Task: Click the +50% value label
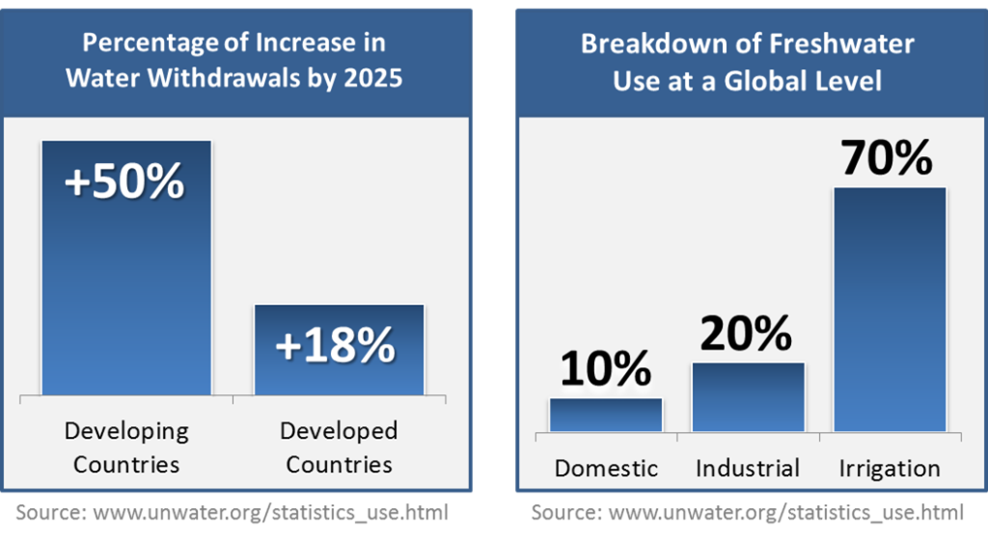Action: click(x=124, y=180)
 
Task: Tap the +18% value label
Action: click(x=336, y=344)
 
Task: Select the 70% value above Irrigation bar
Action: click(x=887, y=157)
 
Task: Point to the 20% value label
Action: click(x=746, y=334)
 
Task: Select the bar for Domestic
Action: click(x=606, y=415)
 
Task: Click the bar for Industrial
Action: click(x=748, y=396)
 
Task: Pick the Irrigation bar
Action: click(x=890, y=309)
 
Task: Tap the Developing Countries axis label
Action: click(x=126, y=446)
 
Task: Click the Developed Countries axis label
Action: click(x=340, y=446)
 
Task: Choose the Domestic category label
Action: click(x=606, y=469)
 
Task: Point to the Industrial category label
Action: click(x=748, y=469)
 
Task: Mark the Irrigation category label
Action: click(x=890, y=469)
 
